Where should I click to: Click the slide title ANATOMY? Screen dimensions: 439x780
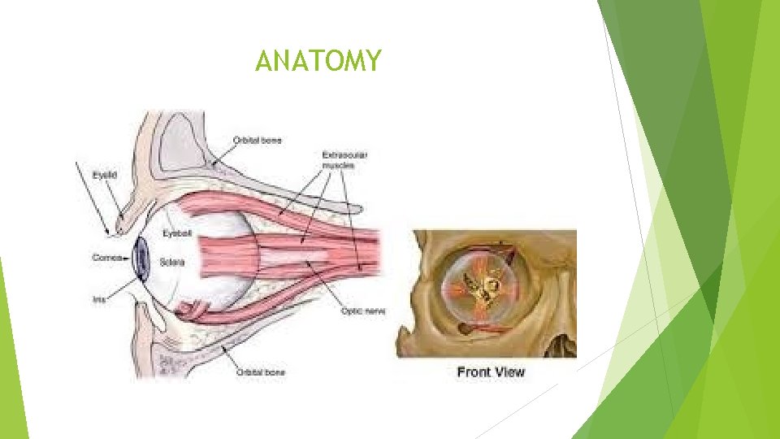pyautogui.click(x=317, y=61)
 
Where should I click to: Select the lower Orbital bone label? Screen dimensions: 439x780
pyautogui.click(x=260, y=372)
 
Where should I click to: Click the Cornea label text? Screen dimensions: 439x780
pyautogui.click(x=106, y=257)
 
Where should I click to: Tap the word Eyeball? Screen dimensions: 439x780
pyautogui.click(x=176, y=233)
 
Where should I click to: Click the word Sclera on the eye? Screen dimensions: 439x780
pyautogui.click(x=173, y=262)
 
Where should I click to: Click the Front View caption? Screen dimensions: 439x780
pyautogui.click(x=491, y=372)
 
